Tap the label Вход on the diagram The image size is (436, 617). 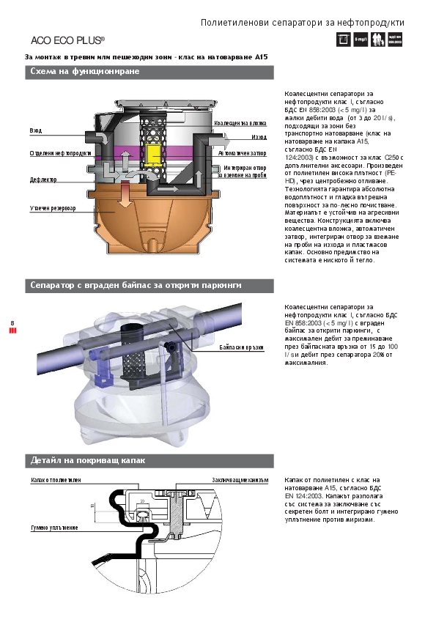[x=35, y=130]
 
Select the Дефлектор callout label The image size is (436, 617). [x=43, y=179]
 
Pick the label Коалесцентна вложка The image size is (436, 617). [x=240, y=124]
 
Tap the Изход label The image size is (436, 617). [x=259, y=137]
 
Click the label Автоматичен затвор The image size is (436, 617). [x=242, y=154]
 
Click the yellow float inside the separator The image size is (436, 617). [x=154, y=154]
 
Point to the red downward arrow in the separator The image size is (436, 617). [x=124, y=195]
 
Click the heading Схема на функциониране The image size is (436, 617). [x=84, y=72]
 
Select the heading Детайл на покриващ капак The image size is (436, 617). [x=88, y=461]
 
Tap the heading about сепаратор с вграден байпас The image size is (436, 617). [x=136, y=285]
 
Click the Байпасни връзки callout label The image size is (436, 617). [x=241, y=347]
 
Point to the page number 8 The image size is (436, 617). [x=12, y=322]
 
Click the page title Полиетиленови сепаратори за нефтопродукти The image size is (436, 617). [x=302, y=23]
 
